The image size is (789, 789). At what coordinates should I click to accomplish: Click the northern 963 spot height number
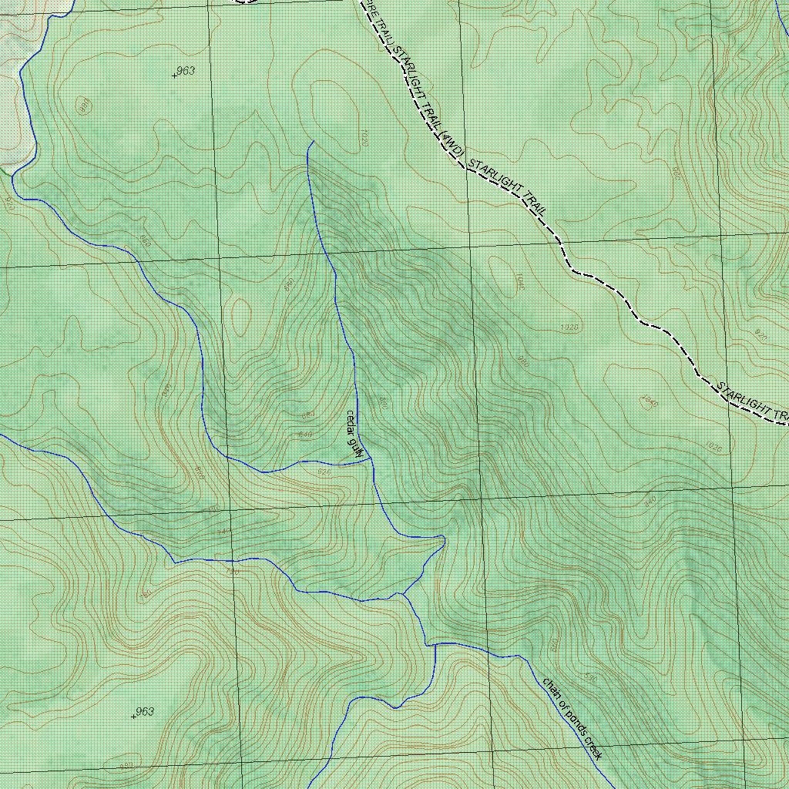185,71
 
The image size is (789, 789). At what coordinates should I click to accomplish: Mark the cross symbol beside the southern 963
133,716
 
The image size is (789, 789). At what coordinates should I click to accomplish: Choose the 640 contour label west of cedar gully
304,435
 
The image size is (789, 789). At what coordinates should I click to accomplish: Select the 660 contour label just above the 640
307,415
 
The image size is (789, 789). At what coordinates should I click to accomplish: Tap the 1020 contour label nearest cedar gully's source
363,138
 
